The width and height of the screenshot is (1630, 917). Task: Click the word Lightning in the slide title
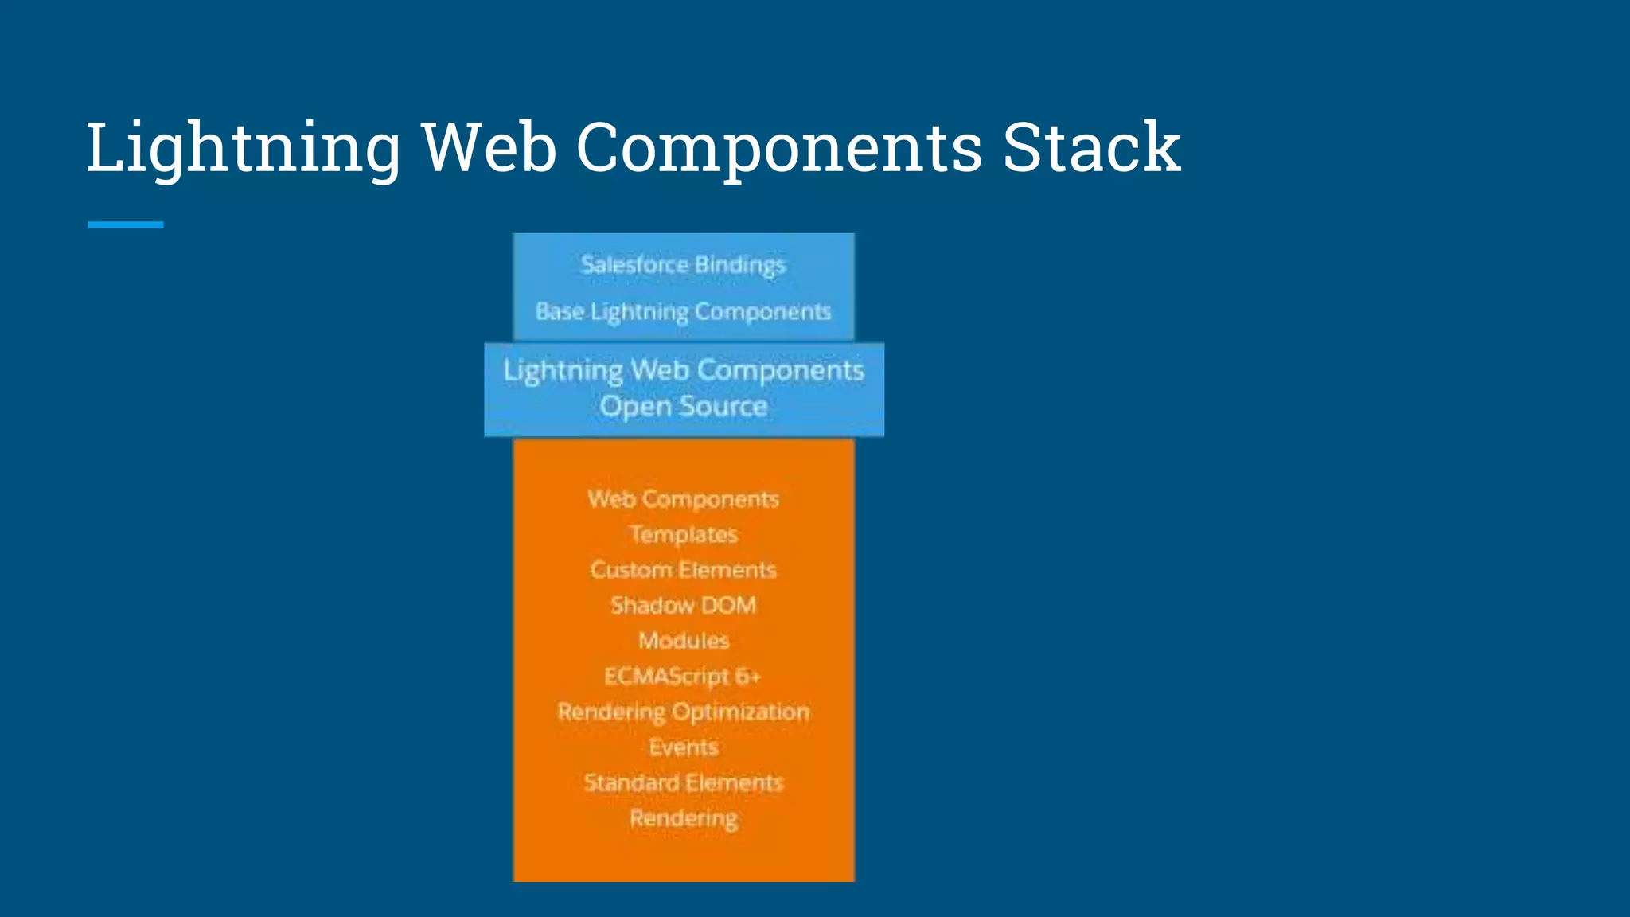243,148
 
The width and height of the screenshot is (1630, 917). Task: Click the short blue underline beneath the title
125,225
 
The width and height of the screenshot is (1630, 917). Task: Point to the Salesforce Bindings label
683,264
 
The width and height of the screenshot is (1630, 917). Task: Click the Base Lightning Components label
683,311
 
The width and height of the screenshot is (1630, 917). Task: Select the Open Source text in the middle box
683,407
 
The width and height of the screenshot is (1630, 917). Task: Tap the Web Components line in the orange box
683,499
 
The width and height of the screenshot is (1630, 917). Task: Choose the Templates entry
683,534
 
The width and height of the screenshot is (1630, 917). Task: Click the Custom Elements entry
683,570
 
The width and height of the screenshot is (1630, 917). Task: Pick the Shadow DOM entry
683,605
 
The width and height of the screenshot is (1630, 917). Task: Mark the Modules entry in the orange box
683,641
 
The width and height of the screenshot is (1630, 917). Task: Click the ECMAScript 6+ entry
683,676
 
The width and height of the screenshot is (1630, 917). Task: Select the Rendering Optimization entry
683,712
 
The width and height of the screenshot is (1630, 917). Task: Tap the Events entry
683,747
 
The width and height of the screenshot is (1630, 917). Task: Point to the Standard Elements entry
683,782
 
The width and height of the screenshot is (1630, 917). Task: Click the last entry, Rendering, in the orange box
683,818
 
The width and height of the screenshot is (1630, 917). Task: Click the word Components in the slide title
779,148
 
